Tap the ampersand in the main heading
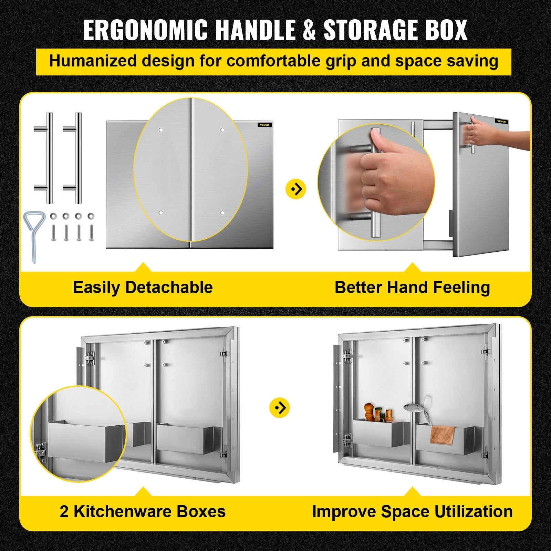(309, 30)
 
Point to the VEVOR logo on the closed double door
(264, 125)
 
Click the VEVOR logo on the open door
(502, 121)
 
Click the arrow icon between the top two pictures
(296, 189)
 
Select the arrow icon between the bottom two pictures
(280, 408)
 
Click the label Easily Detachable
(143, 288)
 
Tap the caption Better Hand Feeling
(412, 288)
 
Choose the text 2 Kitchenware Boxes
(143, 511)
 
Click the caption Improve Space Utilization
(412, 511)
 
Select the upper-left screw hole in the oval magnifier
(160, 130)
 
